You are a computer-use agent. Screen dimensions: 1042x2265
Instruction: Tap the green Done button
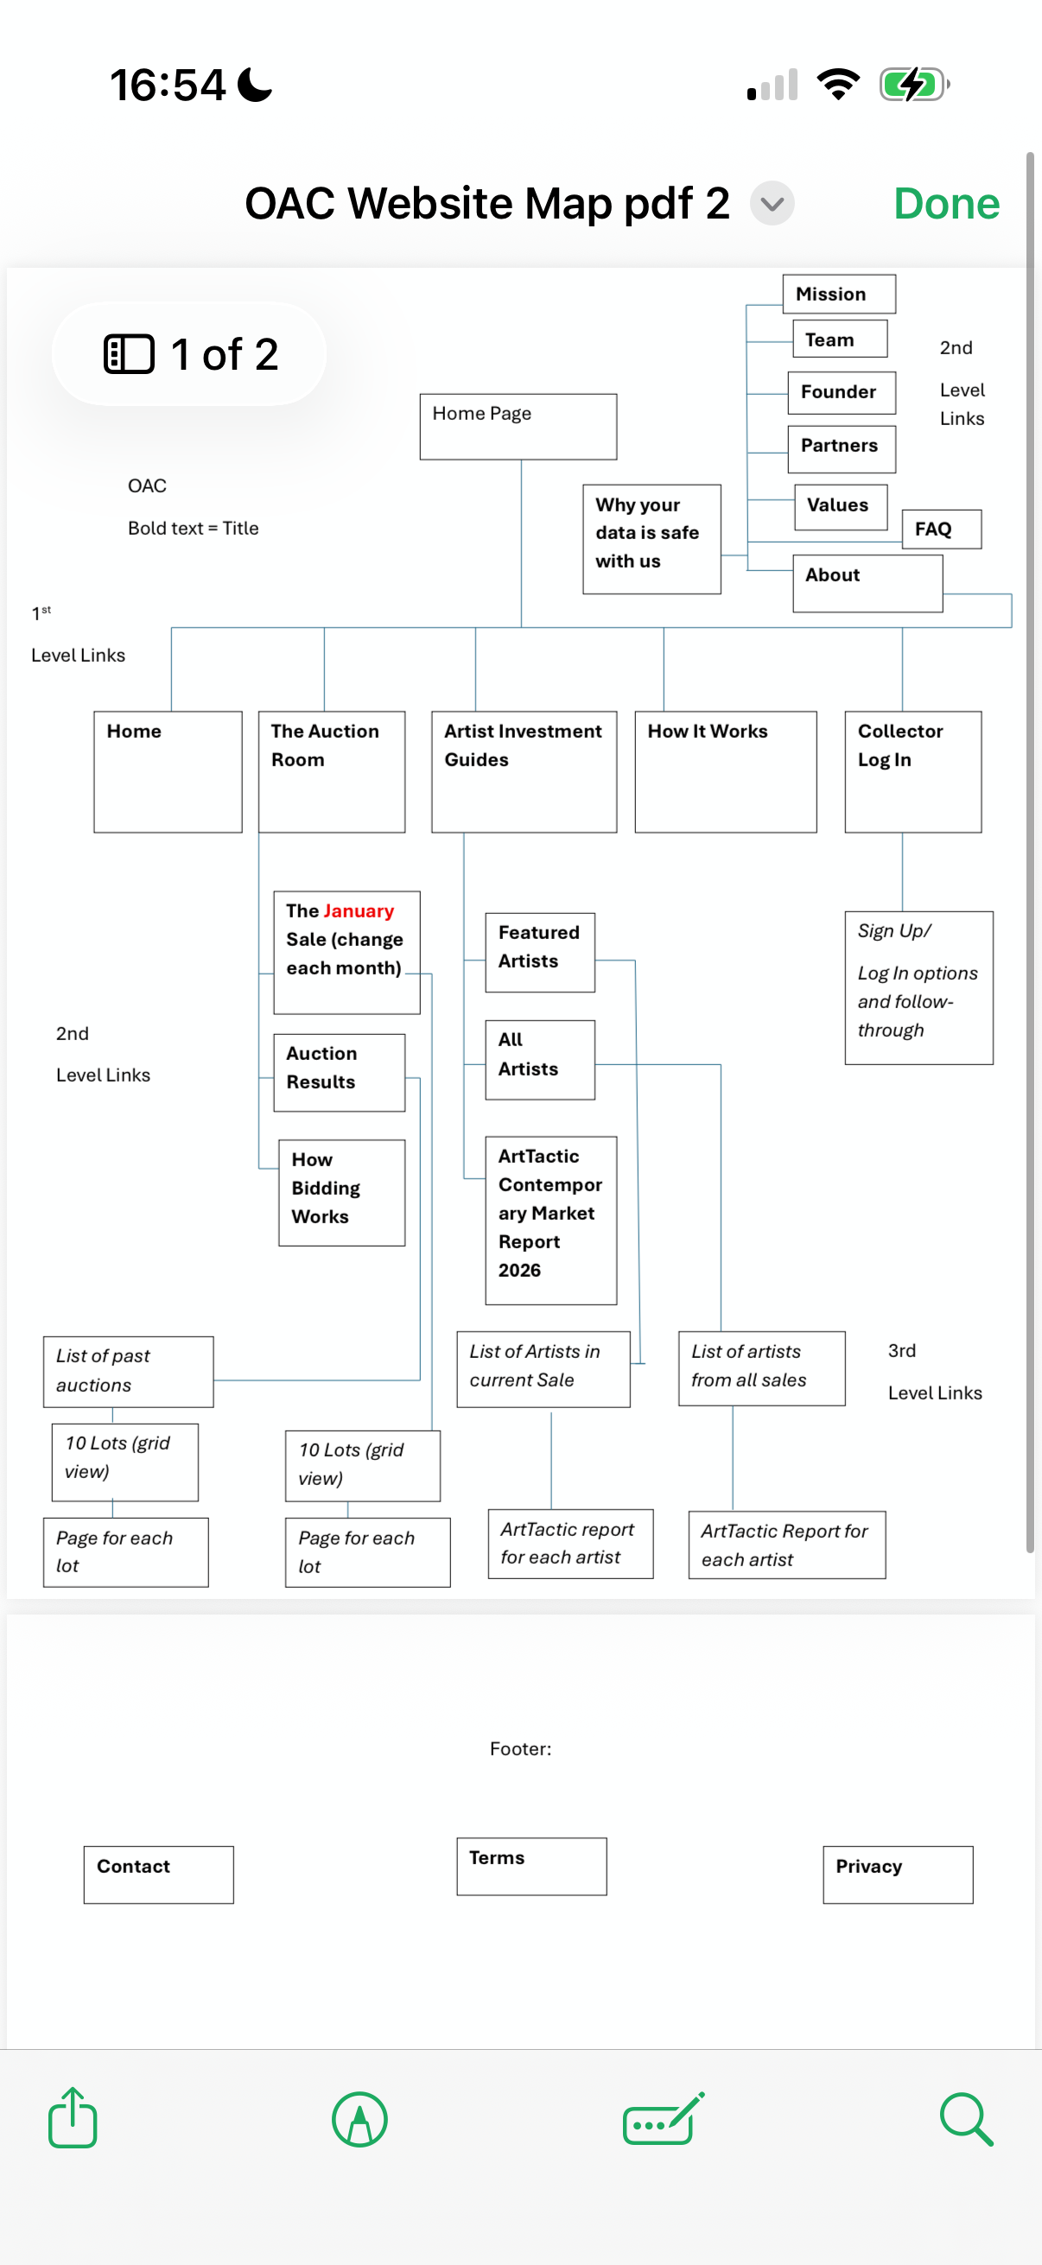(946, 204)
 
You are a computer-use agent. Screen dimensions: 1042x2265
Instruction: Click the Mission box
(839, 294)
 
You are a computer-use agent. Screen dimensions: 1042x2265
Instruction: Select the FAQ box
(942, 530)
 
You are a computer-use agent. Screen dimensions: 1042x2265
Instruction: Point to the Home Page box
(518, 427)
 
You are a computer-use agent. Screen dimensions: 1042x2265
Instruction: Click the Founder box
(842, 392)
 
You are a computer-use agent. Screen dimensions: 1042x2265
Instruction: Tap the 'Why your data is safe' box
(651, 539)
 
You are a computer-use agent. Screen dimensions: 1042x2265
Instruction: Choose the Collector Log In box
(912, 771)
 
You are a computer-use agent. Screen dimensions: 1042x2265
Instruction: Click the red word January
(358, 910)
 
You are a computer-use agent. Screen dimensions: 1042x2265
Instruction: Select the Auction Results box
(340, 1073)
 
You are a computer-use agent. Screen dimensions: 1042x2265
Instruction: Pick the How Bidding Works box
(342, 1192)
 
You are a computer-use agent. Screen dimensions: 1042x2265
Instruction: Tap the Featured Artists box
(540, 952)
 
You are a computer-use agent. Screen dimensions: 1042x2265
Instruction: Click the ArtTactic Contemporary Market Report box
(551, 1221)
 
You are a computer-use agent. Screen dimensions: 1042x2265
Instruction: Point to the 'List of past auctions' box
(129, 1372)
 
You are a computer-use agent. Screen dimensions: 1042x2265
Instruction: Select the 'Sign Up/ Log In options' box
(919, 987)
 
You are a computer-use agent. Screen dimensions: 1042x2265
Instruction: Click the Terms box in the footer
(531, 1866)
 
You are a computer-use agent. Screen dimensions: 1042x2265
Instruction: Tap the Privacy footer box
(898, 1875)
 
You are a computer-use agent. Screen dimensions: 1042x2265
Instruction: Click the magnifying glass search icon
(966, 2119)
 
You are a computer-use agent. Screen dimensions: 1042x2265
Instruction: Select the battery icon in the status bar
(914, 85)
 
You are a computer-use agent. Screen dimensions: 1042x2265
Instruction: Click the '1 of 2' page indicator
(189, 354)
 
